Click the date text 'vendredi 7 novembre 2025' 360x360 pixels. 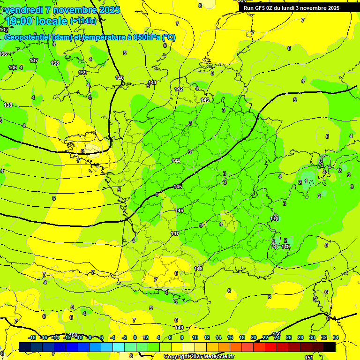(x=62, y=10)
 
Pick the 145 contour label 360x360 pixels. (x=178, y=187)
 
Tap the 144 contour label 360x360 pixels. (x=176, y=161)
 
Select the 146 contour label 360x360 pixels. (x=179, y=211)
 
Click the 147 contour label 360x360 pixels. (x=175, y=233)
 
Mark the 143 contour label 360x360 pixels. (x=205, y=100)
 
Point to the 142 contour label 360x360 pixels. (x=179, y=89)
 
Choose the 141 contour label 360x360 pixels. (x=152, y=82)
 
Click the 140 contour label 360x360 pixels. (x=120, y=78)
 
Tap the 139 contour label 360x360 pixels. (x=82, y=73)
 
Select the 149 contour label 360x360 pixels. (x=179, y=328)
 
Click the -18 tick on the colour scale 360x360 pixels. (x=32, y=337)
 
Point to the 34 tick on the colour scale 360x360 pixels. (x=335, y=337)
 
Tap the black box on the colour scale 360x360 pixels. (x=330, y=347)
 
